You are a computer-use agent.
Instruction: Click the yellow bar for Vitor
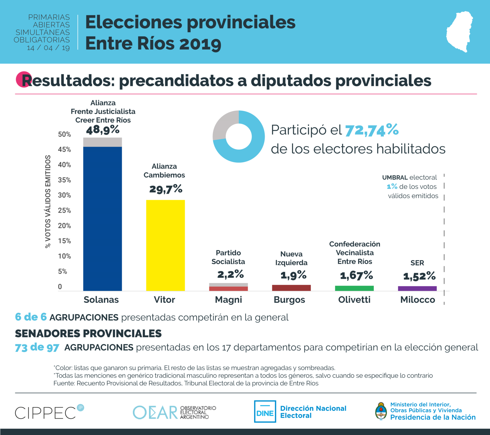(165, 245)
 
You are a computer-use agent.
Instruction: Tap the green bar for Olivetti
(354, 288)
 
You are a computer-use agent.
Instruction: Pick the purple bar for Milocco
(417, 289)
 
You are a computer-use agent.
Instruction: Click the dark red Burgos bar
(291, 288)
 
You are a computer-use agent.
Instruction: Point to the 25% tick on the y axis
(65, 210)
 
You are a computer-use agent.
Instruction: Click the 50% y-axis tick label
(65, 134)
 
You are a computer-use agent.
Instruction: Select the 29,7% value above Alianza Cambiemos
(166, 189)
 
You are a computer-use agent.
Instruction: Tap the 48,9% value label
(103, 130)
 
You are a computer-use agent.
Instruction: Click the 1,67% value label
(356, 275)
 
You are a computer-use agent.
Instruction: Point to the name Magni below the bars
(228, 300)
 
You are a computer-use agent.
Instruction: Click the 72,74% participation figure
(372, 130)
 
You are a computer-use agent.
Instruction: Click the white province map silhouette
(459, 31)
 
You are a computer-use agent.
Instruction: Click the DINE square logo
(265, 411)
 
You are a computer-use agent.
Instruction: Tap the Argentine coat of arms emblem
(381, 411)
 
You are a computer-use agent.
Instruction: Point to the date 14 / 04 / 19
(48, 48)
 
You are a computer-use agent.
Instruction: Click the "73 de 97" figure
(37, 347)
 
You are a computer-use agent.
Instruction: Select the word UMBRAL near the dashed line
(395, 178)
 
